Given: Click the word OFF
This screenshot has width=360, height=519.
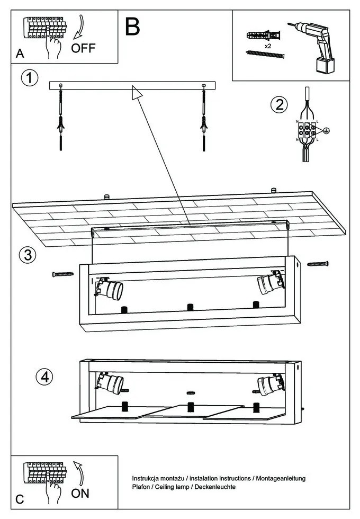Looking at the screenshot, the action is (x=83, y=48).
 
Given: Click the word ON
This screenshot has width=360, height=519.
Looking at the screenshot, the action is (x=80, y=494).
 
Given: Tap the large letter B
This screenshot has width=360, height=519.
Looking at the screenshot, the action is (x=132, y=26).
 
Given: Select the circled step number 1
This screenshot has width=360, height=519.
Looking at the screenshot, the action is (x=30, y=78).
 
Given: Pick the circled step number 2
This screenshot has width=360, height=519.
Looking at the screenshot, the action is (x=280, y=105).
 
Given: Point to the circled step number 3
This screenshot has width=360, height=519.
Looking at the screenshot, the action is (x=28, y=255).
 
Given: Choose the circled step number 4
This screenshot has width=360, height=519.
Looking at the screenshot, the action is (x=44, y=377).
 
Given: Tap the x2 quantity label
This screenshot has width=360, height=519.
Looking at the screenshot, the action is (x=268, y=47).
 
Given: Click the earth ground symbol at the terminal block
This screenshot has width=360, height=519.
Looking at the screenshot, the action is (x=326, y=130).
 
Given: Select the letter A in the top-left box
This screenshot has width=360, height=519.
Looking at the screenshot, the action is (x=20, y=53).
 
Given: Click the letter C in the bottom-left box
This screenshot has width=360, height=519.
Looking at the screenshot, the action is (x=20, y=499).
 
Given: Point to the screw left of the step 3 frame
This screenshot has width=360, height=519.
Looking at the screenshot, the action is (x=63, y=274).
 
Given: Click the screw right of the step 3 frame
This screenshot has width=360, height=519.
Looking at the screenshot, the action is (x=318, y=264).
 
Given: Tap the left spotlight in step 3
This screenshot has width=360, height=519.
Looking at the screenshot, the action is (x=109, y=288).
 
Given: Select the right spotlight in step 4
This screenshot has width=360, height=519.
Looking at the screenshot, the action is (x=271, y=384).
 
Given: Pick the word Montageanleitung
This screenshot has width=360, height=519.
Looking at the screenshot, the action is (x=281, y=479).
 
